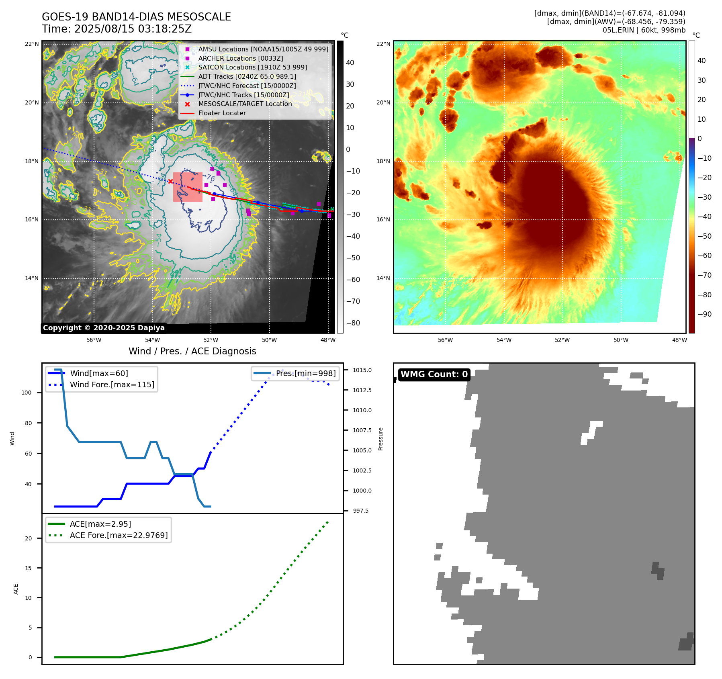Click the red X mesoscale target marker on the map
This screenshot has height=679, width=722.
point(170,182)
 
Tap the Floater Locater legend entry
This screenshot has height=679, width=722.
point(222,113)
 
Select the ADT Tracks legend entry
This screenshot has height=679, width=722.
point(247,76)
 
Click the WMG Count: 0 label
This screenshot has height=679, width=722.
point(434,374)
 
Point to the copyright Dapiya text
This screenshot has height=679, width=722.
point(104,328)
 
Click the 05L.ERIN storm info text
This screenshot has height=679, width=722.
point(644,30)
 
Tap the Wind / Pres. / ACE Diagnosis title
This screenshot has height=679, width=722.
point(192,351)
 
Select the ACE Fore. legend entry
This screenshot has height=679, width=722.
point(119,535)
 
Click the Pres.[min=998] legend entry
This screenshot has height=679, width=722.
point(305,373)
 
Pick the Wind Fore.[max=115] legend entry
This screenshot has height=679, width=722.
point(112,384)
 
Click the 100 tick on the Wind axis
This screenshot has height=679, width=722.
point(27,393)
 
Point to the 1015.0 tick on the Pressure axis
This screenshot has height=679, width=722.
point(362,370)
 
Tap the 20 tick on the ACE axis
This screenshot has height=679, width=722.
point(28,538)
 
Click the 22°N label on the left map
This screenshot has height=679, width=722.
point(32,44)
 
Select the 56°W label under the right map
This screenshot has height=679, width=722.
point(445,340)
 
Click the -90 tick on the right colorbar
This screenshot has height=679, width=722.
point(704,314)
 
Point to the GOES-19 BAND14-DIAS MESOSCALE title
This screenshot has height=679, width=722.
point(136,17)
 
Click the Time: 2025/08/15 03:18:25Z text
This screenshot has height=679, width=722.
point(117,29)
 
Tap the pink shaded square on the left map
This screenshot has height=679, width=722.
point(188,187)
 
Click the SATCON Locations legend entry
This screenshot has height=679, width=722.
point(252,67)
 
